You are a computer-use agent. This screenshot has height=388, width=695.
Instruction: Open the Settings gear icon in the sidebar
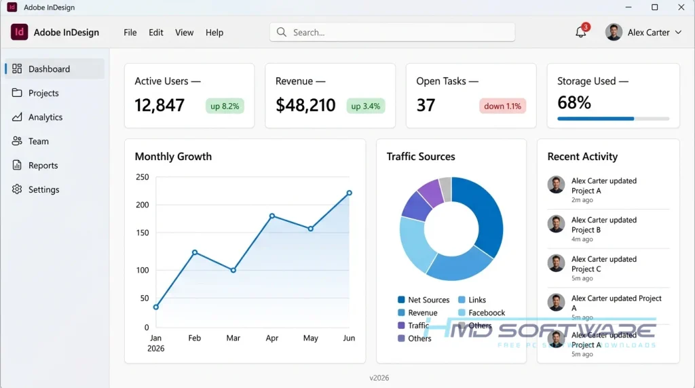[x=17, y=189]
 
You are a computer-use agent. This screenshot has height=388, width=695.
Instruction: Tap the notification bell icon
[x=581, y=32]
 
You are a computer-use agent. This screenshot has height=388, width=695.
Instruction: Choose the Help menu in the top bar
[x=214, y=33]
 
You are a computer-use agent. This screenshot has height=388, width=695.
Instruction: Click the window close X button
[x=681, y=7]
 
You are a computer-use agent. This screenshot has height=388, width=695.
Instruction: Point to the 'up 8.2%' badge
[x=225, y=106]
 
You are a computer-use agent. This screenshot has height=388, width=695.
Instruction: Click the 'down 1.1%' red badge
[x=503, y=106]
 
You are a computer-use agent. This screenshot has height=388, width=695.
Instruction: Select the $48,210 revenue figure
[x=305, y=105]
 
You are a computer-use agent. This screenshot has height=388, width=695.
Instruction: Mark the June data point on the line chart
[x=350, y=193]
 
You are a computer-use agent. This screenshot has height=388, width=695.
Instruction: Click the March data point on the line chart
[x=233, y=270]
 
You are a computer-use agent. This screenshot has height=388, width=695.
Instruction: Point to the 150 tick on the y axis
[x=143, y=233]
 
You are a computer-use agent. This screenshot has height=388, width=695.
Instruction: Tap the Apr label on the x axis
[x=271, y=338]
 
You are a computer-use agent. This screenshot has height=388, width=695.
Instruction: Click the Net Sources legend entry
[x=424, y=300]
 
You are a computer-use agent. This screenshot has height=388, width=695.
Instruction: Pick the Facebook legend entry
[x=481, y=313]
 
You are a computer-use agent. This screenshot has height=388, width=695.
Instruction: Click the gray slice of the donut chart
[x=445, y=189]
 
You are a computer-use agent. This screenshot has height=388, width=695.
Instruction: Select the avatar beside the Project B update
[x=556, y=224]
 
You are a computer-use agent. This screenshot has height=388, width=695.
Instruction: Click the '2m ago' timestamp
[x=582, y=200]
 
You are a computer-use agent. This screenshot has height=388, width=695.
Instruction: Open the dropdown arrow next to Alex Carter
[x=678, y=33]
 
